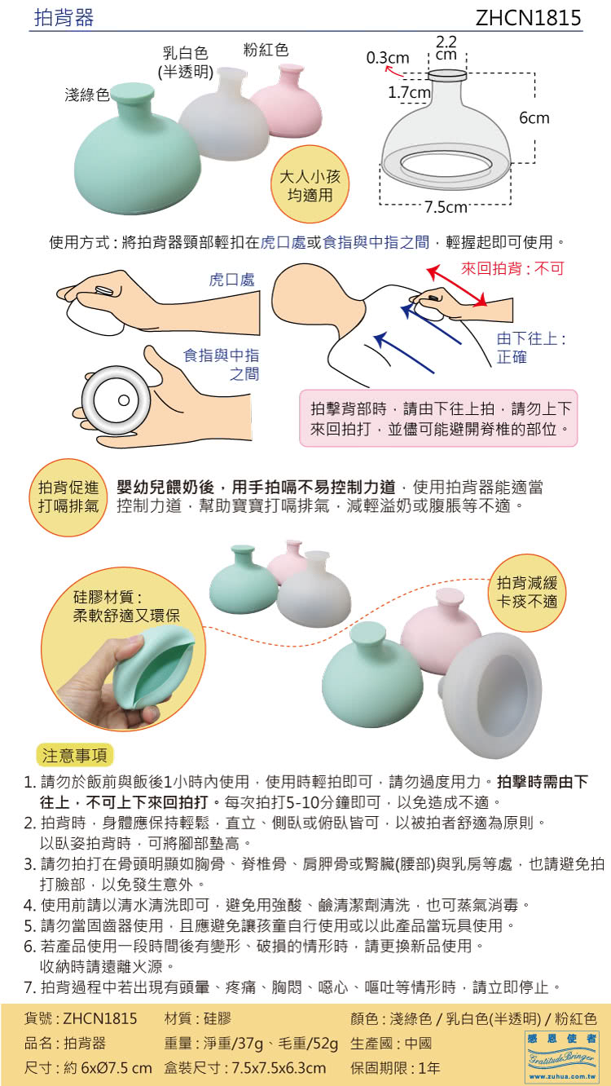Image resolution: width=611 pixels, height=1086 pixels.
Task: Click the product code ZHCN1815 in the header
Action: pos(528,18)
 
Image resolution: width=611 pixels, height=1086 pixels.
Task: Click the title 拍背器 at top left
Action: pos(64,18)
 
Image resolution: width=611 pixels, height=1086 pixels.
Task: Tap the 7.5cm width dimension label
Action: pos(446,207)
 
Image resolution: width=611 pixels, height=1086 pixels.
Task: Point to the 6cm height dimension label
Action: pos(534,117)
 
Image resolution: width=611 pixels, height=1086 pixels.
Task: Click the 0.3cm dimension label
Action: pos(388,58)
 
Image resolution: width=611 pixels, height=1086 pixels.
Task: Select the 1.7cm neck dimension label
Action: pos(409,92)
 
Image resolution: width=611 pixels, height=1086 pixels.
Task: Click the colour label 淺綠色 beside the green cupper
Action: pos(87,95)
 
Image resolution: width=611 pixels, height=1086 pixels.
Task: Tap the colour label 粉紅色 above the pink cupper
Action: pos(266,50)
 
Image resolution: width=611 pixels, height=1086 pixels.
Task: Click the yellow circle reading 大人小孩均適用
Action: pos(310,184)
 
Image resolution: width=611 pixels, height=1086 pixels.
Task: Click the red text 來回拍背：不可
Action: pos(512,268)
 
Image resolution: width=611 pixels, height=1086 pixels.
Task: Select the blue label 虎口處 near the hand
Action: pos(231,280)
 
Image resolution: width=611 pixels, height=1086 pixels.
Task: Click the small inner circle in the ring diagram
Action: pos(124,400)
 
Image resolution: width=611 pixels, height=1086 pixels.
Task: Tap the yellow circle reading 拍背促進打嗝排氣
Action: pos(68,497)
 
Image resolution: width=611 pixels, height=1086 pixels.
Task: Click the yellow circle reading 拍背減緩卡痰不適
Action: pos(527,592)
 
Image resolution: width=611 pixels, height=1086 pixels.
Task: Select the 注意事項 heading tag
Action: pos(75,755)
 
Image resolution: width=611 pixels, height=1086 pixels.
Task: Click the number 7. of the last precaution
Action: pos(30,987)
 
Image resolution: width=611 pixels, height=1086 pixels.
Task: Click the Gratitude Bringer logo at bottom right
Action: pos(562,1057)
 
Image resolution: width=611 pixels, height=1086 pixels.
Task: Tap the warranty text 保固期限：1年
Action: pos(395,1068)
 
